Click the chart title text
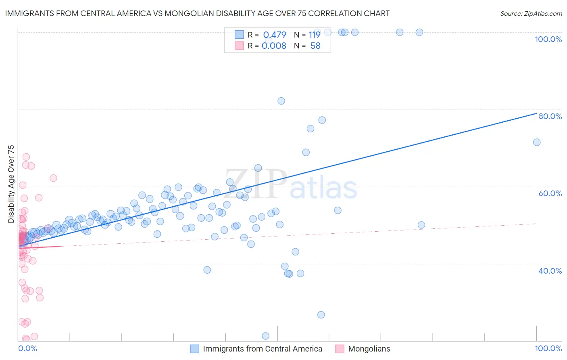(x=197, y=13)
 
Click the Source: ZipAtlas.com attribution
(x=531, y=13)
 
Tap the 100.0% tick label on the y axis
(x=548, y=39)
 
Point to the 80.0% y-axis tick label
(x=550, y=116)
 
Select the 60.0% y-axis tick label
(x=550, y=193)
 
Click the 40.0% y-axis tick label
(x=550, y=271)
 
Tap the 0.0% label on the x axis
(x=27, y=348)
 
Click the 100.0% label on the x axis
(x=548, y=348)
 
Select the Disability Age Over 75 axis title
(x=11, y=184)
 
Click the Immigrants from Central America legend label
(x=263, y=349)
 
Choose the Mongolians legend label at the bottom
(x=369, y=349)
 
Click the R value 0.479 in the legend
(x=274, y=35)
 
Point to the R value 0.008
(x=274, y=46)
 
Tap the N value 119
(x=315, y=35)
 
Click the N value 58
(x=315, y=46)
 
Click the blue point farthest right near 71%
(x=536, y=142)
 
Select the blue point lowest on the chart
(x=265, y=336)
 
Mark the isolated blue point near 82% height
(x=281, y=101)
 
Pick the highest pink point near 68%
(x=26, y=157)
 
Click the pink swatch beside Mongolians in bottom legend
(x=340, y=349)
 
